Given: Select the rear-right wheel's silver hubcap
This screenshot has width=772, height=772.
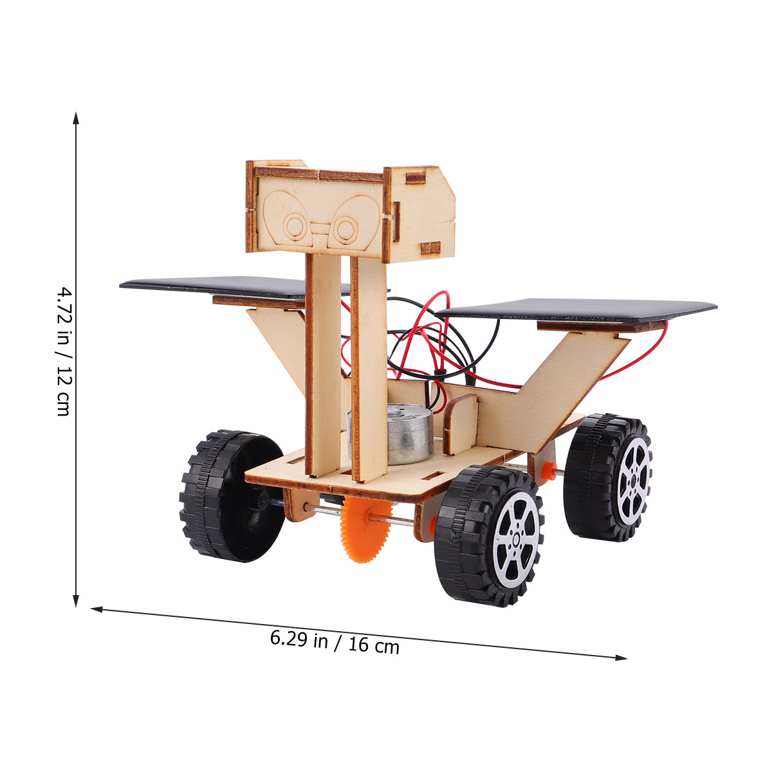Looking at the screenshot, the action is (634, 481).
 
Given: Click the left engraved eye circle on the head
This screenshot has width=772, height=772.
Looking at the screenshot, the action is (295, 226).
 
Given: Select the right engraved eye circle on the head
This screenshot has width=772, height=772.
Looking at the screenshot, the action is (345, 230).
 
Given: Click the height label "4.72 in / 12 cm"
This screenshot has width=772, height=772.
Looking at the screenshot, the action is (64, 351).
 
